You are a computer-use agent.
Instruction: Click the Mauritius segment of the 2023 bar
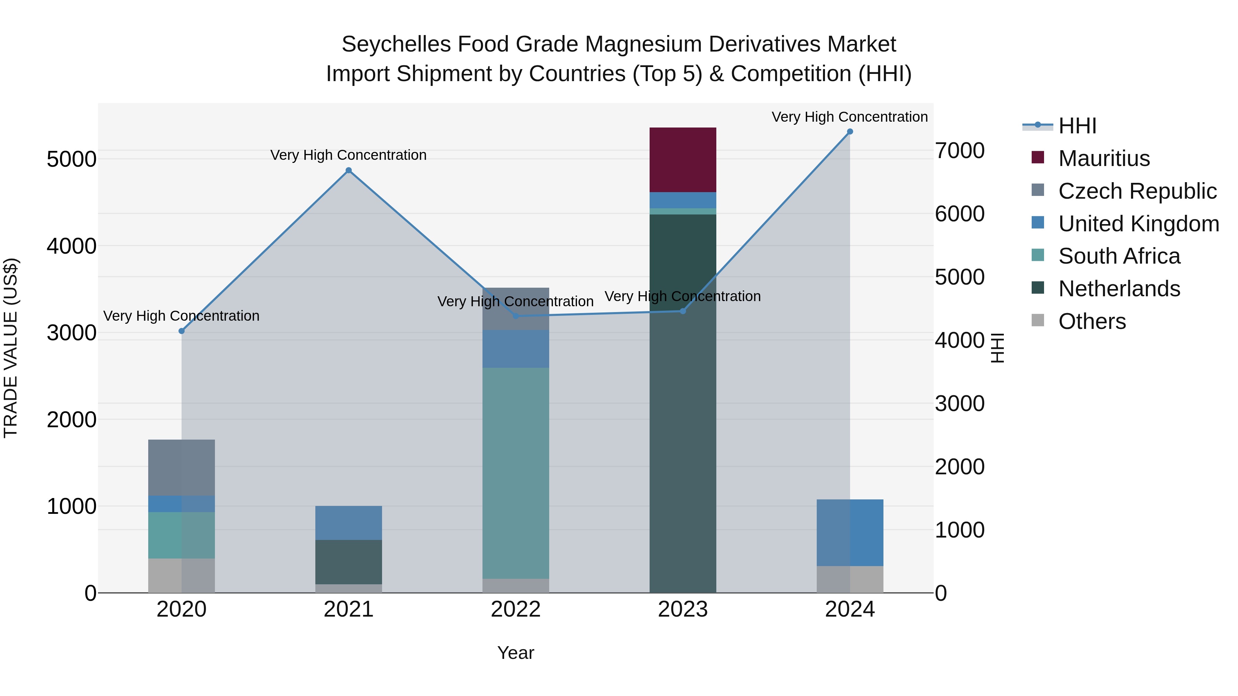682,159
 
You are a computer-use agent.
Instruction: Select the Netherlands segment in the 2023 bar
682,404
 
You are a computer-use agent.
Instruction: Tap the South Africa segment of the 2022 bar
515,473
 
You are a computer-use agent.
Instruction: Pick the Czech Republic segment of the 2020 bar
181,467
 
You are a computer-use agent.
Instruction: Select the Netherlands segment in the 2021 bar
348,562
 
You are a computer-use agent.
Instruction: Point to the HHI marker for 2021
348,170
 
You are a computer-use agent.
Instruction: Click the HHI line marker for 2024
850,131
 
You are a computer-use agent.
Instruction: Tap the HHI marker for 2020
181,331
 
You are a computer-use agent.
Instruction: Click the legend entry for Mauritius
1104,158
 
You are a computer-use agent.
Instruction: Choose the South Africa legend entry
1119,256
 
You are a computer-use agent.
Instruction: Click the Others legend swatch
1038,320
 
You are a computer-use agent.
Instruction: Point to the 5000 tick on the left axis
71,159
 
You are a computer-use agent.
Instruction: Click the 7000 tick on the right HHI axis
959,151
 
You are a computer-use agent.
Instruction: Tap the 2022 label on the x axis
515,609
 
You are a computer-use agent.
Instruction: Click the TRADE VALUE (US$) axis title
11,348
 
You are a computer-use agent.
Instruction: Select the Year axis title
515,653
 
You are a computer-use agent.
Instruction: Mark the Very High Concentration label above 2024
849,117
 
